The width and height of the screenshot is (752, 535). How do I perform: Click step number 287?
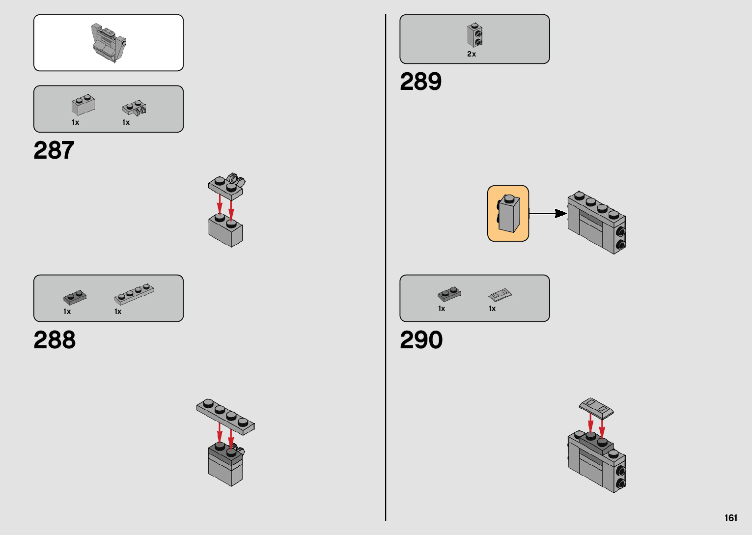(54, 150)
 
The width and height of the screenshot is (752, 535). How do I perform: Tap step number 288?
(55, 340)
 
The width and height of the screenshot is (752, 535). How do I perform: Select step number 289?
(420, 82)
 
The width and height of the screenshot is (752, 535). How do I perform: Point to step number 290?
(421, 340)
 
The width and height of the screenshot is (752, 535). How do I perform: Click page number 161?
(730, 518)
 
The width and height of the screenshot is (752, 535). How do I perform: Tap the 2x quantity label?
(472, 54)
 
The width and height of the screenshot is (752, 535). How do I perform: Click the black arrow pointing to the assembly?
(548, 213)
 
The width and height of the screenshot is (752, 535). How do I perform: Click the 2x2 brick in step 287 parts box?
(83, 104)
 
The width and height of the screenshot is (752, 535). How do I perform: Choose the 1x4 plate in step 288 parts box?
(134, 294)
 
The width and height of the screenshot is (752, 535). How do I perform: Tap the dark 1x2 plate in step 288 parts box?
(75, 297)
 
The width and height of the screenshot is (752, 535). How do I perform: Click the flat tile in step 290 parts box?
(500, 295)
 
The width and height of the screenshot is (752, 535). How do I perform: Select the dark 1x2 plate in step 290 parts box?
(449, 294)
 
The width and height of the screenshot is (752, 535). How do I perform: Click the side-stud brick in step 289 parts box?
(474, 35)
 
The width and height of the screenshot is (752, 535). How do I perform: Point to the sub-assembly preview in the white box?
(109, 43)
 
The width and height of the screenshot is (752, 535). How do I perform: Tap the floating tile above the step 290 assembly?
(597, 408)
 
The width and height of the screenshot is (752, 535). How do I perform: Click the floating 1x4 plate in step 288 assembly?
(225, 417)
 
